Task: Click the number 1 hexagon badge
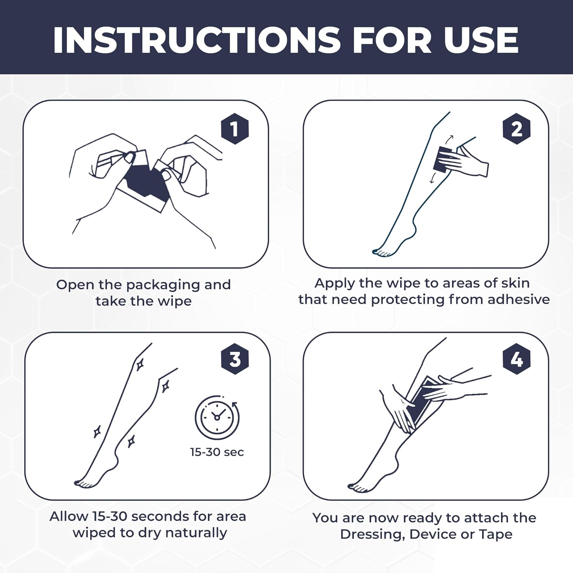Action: [235, 129]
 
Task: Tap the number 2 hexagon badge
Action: [516, 129]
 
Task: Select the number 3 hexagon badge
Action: [235, 359]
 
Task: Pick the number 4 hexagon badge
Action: [516, 359]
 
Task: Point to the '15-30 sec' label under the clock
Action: [217, 452]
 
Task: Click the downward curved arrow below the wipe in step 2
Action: [432, 178]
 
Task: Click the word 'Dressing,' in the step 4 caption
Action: [372, 534]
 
